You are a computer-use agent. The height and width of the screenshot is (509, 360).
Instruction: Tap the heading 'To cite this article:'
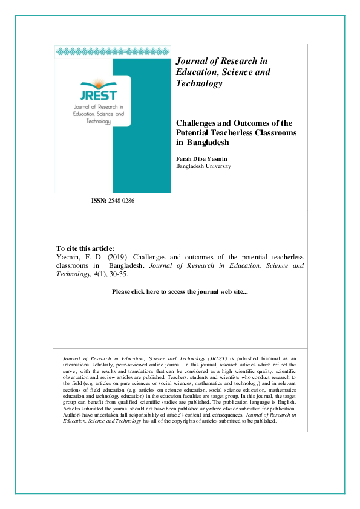(x=85, y=248)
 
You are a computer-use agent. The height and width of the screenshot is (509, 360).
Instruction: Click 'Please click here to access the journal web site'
(x=180, y=292)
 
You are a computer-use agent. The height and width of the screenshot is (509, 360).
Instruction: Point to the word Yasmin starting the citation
(x=67, y=257)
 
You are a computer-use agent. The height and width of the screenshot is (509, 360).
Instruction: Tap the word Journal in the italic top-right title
(x=191, y=61)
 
